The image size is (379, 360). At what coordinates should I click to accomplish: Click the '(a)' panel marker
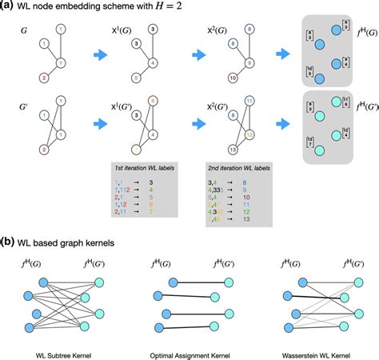(7, 7)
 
